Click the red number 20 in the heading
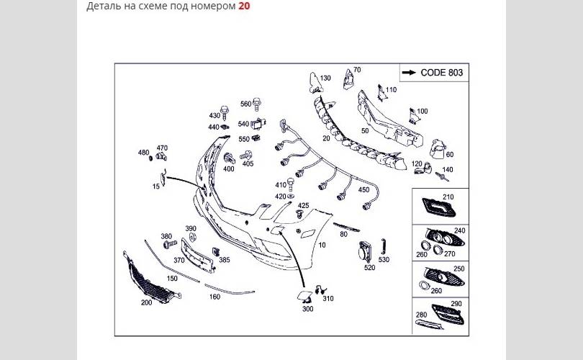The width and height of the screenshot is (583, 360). pos(244,6)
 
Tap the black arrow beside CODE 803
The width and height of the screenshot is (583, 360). pos(409,73)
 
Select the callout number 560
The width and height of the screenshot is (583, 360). pos(245,104)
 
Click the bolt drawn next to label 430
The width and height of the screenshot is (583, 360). pos(225,112)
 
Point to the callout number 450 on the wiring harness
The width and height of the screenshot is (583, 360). pos(363,189)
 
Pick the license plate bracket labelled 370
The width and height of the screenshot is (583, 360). pos(198,255)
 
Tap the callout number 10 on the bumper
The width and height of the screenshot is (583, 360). pos(322,245)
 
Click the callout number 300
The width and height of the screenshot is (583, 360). pos(308,309)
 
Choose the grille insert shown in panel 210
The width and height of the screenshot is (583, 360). pos(439,209)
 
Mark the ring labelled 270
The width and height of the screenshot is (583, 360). pos(438,249)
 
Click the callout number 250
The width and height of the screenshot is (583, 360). pos(458,269)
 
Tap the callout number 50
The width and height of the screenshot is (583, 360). pos(365,131)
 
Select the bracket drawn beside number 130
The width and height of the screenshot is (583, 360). pos(315,84)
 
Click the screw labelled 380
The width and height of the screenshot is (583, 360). pos(171,244)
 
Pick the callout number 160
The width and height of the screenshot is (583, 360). pos(214,297)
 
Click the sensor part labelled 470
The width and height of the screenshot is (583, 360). pos(161,156)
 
